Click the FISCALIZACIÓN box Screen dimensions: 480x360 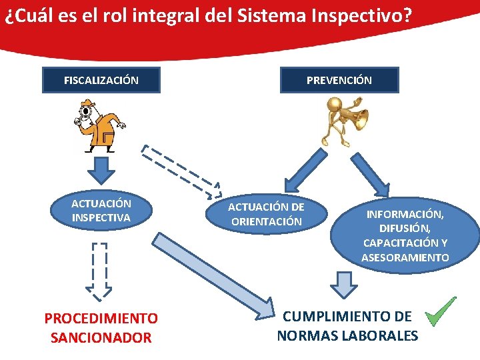coord(101,80)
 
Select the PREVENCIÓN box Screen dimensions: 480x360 coord(339,80)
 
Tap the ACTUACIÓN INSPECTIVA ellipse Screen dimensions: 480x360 coord(101,210)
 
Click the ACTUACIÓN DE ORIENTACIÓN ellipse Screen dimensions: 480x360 coord(266,214)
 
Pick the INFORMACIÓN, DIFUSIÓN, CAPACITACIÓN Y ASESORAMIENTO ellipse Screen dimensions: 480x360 coord(405,235)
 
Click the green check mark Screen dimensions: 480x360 coord(441,311)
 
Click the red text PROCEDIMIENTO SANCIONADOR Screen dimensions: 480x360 coord(101,328)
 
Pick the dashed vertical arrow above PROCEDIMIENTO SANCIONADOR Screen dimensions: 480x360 coord(99,271)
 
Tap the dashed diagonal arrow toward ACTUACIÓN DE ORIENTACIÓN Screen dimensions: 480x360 coord(182,171)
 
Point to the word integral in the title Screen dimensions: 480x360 coord(159,16)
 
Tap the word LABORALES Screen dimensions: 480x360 coord(381,335)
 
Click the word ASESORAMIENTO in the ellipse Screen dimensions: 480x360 coord(405,257)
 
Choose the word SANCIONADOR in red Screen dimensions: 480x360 coord(101,338)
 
